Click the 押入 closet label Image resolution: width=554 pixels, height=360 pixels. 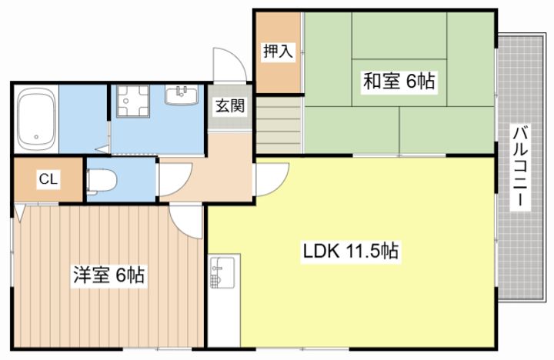click(278, 52)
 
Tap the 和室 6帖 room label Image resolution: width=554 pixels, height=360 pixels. click(399, 81)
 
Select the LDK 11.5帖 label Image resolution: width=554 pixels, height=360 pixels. click(351, 252)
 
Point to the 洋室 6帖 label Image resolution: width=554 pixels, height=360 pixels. click(108, 275)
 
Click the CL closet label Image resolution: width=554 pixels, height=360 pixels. click(48, 179)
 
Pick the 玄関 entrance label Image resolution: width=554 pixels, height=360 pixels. click(230, 105)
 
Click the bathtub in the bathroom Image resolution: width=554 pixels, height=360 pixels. click(37, 118)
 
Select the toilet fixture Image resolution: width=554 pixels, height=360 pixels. click(102, 182)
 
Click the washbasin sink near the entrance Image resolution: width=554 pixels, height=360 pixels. click(182, 95)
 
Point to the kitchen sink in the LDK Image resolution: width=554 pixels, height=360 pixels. click(222, 272)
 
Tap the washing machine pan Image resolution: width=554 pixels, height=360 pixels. click(133, 101)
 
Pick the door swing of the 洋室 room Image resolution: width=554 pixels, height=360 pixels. click(186, 222)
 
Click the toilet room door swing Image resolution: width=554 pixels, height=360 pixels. click(175, 179)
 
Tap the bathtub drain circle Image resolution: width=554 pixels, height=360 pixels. click(35, 137)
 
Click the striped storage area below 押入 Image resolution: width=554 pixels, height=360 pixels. click(279, 125)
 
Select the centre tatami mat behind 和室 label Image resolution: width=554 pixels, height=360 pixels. click(399, 82)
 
